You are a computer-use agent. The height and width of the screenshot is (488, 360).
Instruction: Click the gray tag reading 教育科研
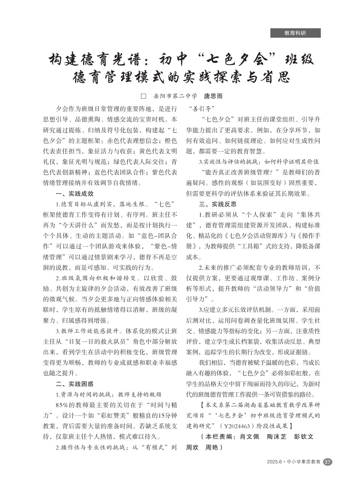[295, 33]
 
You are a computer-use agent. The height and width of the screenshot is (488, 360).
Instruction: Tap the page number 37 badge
[327, 462]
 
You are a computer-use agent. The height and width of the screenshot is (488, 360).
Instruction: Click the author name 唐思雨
[213, 96]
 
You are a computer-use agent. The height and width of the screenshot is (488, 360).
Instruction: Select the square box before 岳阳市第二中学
[143, 96]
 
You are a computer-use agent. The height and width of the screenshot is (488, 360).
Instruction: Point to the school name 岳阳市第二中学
[175, 96]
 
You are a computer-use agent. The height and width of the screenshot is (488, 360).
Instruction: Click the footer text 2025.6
[274, 462]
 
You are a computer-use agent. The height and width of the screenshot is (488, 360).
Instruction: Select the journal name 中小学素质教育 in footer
[303, 462]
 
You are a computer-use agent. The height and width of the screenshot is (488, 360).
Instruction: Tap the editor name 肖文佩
[250, 437]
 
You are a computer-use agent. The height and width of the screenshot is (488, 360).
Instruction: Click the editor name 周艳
[212, 447]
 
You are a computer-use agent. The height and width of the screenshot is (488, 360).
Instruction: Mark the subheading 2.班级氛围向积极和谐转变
[97, 278]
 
